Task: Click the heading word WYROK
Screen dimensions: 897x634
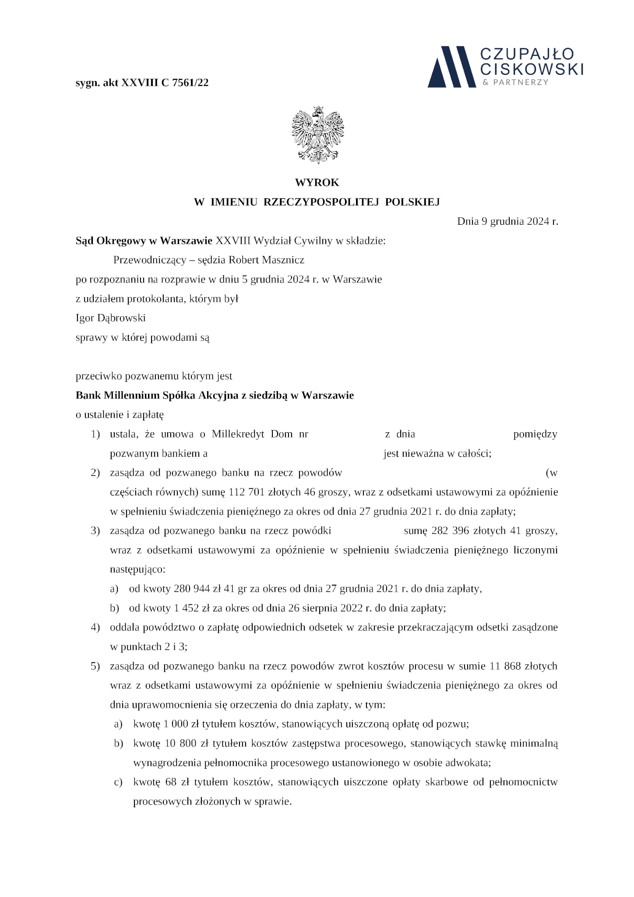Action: coord(317,182)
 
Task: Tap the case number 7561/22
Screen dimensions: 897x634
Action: coord(190,82)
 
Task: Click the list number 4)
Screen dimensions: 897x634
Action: coord(95,628)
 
